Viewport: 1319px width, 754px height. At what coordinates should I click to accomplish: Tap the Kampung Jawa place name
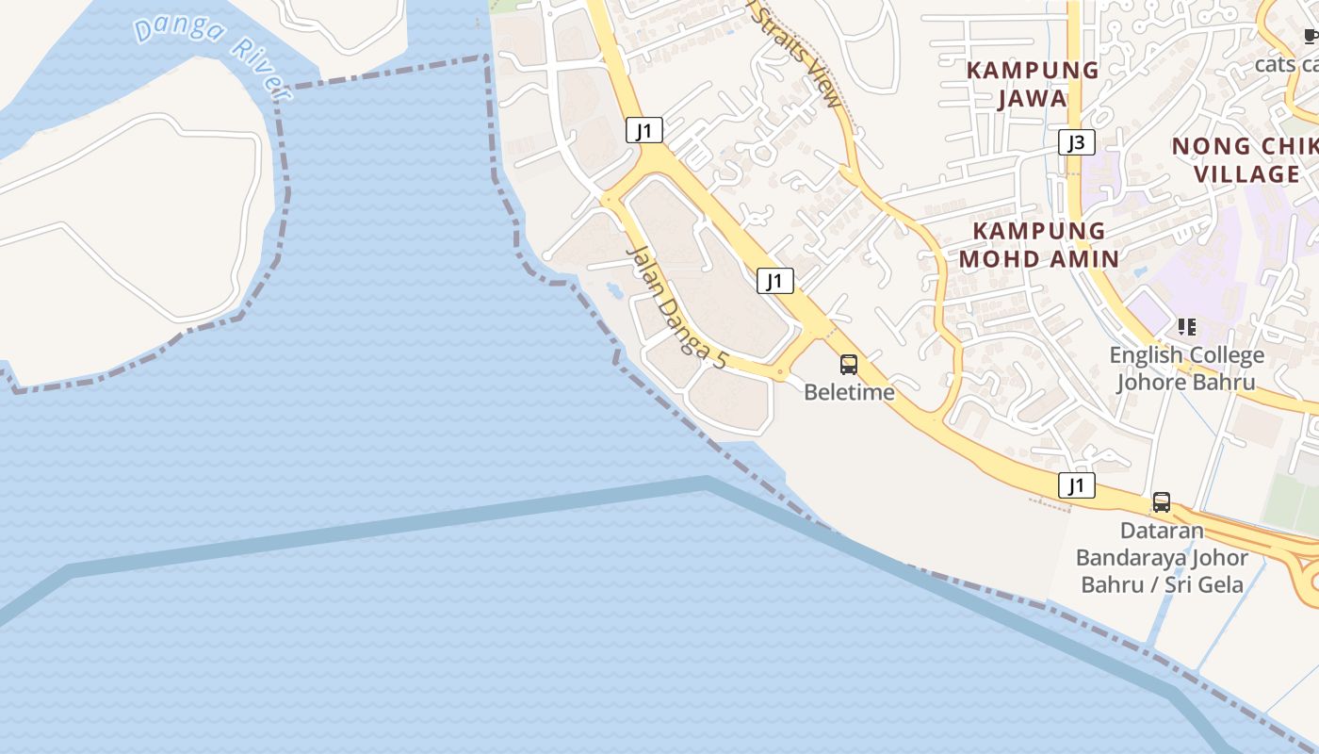(x=1033, y=84)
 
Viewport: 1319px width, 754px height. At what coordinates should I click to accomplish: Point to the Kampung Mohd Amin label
(x=1038, y=244)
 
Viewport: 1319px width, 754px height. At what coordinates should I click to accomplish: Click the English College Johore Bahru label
(x=1186, y=369)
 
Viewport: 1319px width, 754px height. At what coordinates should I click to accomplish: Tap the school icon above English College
(x=1186, y=327)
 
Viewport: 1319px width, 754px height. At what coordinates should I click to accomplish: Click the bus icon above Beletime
(x=849, y=365)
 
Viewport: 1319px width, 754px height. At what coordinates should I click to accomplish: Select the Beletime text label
(x=849, y=392)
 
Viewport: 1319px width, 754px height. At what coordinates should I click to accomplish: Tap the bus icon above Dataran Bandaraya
(x=1162, y=502)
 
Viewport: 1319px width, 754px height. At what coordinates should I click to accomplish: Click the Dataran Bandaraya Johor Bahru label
(x=1163, y=557)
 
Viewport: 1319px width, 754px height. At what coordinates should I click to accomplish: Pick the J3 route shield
(x=1076, y=143)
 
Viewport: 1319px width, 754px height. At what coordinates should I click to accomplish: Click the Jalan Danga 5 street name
(x=677, y=306)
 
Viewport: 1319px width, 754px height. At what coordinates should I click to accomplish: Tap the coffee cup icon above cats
(x=1311, y=37)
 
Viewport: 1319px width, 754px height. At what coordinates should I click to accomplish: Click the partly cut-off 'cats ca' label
(x=1287, y=64)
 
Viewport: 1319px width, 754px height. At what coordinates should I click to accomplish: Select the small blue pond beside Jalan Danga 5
(x=613, y=287)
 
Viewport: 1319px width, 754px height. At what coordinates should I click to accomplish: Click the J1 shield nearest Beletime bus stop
(x=774, y=280)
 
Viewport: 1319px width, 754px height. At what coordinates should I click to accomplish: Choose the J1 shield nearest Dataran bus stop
(x=1076, y=485)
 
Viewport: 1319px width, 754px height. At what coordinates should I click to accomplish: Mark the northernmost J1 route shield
(x=644, y=130)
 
